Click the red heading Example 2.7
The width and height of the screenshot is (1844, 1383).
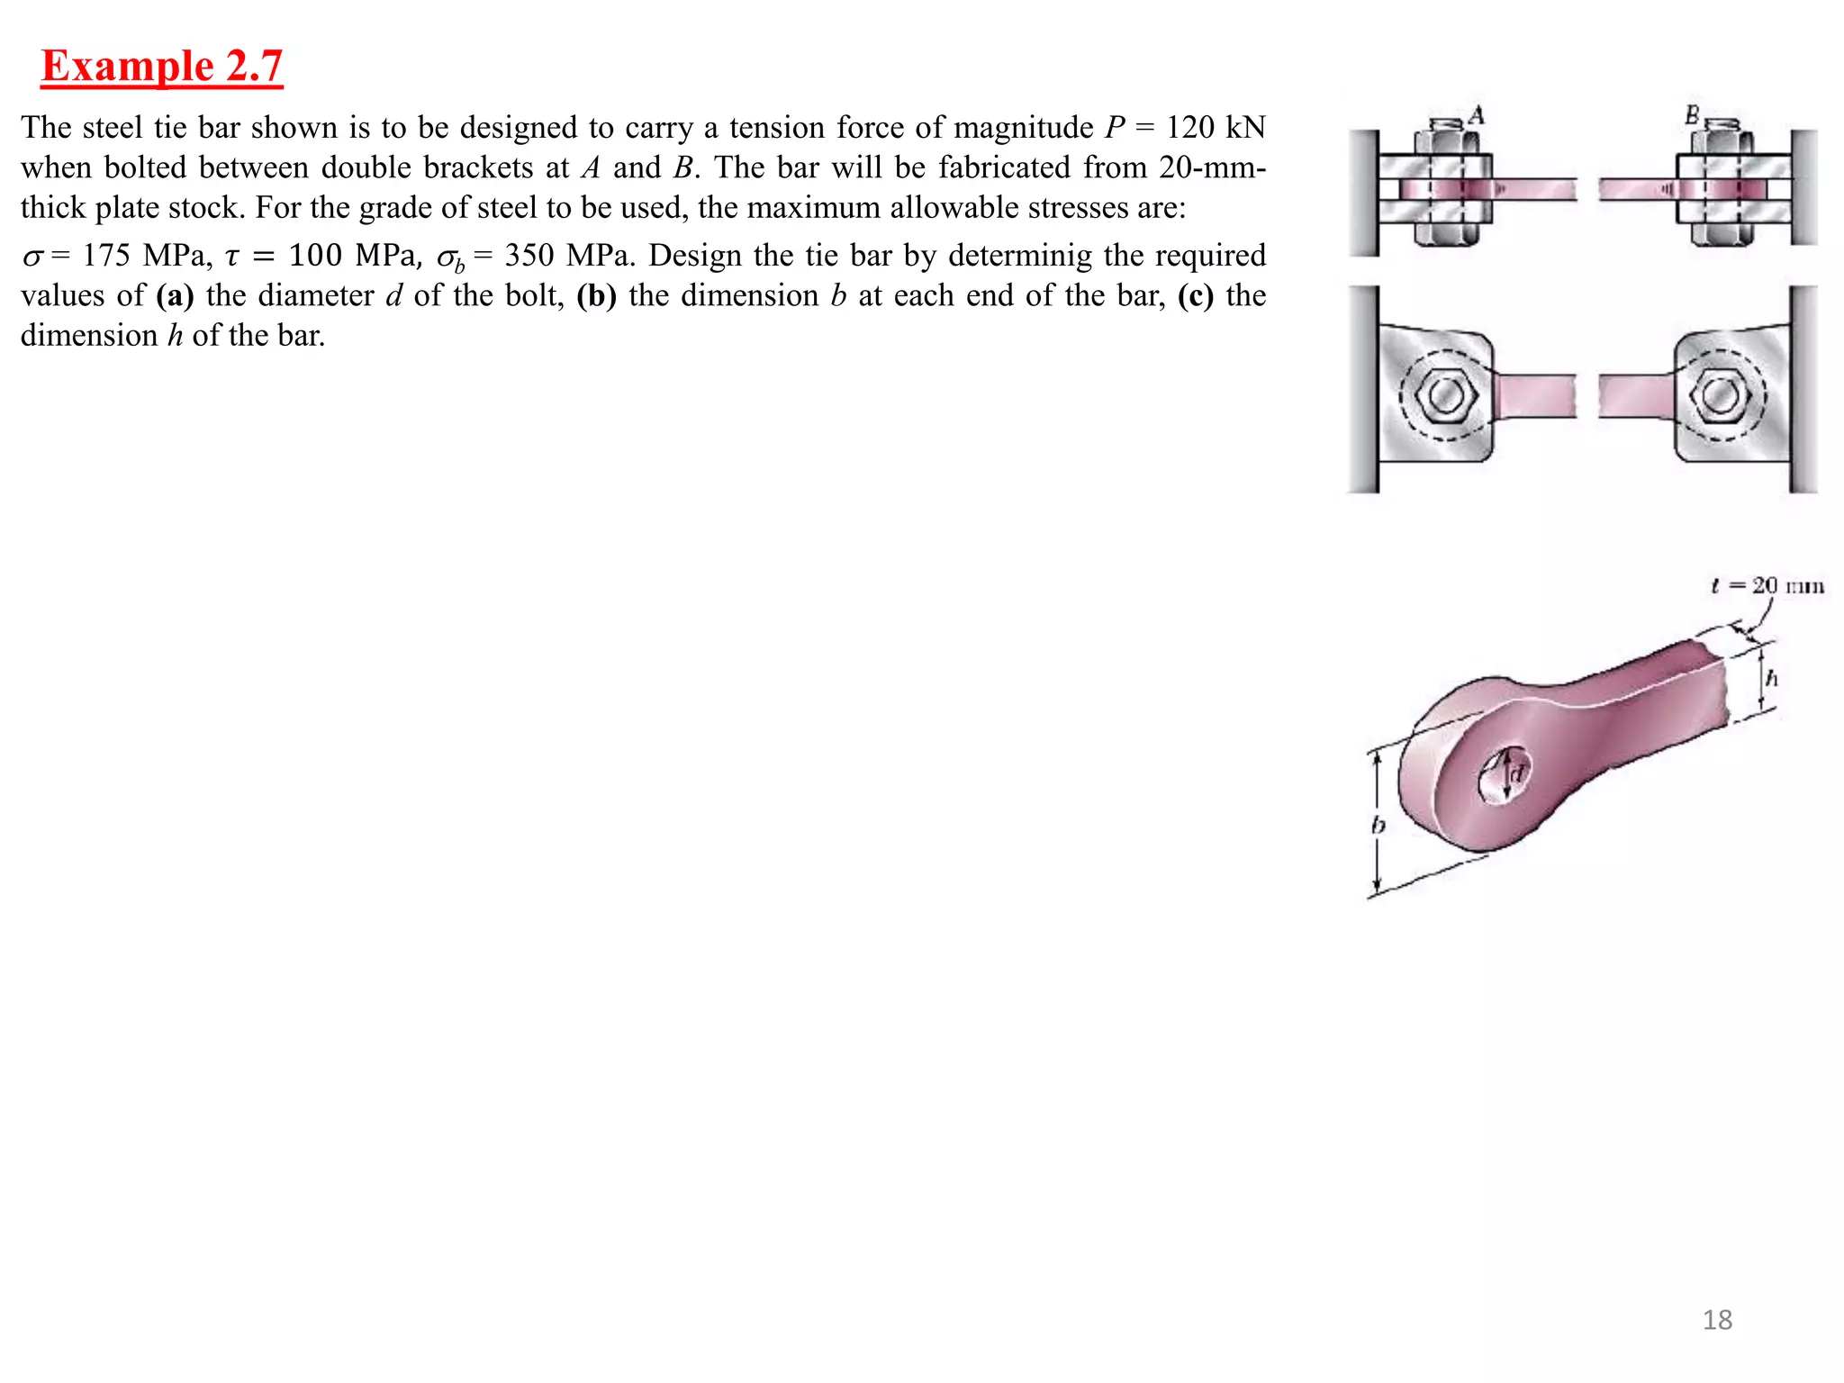(162, 67)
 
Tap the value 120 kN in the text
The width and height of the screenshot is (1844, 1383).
(1216, 128)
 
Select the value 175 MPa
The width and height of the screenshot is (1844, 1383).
(147, 256)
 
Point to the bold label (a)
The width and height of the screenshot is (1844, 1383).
(175, 295)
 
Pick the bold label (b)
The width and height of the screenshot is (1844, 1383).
(596, 295)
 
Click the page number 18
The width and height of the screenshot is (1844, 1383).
(1717, 1320)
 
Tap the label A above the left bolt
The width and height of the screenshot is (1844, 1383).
(1476, 115)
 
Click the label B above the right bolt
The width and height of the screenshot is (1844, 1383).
(1692, 115)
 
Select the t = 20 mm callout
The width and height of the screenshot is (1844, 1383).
(1767, 586)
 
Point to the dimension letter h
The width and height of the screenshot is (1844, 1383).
(1771, 678)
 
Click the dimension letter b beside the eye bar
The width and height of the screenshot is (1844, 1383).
(1378, 825)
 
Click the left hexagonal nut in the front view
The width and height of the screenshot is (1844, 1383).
(1446, 395)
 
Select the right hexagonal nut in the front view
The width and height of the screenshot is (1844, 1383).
(1721, 395)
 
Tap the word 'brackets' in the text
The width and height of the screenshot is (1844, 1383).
(478, 167)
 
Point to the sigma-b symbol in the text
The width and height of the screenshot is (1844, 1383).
(449, 258)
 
